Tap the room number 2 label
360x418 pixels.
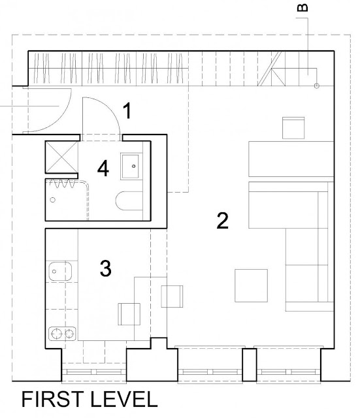tap(222, 221)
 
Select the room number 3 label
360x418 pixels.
tap(106, 268)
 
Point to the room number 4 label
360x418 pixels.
tap(103, 169)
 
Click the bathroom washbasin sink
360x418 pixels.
tap(130, 167)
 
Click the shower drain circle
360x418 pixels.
tap(53, 200)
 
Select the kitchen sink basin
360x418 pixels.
tap(60, 272)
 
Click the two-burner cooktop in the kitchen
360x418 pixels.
tap(62, 334)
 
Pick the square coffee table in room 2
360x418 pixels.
tap(251, 285)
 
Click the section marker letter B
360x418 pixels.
tap(303, 8)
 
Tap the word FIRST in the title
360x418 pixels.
tap(52, 399)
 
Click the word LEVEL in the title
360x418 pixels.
tap(124, 399)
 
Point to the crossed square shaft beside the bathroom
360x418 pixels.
tap(61, 157)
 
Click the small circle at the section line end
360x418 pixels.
tap(316, 86)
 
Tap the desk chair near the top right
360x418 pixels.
tap(293, 128)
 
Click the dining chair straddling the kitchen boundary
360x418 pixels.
tap(172, 297)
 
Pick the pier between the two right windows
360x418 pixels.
tap(250, 364)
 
